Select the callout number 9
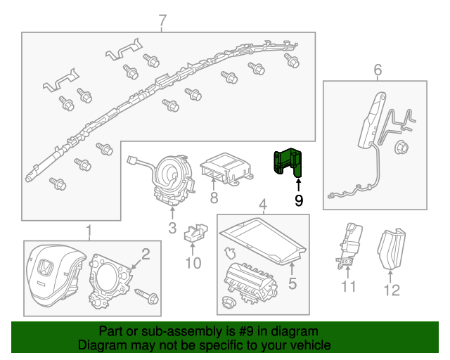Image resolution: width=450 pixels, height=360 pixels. pyautogui.click(x=299, y=201)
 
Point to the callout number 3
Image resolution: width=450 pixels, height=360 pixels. pyautogui.click(x=172, y=228)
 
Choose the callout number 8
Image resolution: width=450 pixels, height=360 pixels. pyautogui.click(x=214, y=199)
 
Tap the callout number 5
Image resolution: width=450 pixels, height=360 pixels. pyautogui.click(x=292, y=284)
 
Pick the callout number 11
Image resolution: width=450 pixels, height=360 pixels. pyautogui.click(x=349, y=286)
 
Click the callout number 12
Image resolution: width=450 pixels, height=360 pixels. pyautogui.click(x=392, y=289)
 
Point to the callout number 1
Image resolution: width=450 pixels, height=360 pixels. pyautogui.click(x=89, y=230)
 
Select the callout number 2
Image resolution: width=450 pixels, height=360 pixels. pyautogui.click(x=146, y=254)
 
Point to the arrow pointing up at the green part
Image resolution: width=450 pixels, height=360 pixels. pyautogui.click(x=298, y=185)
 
